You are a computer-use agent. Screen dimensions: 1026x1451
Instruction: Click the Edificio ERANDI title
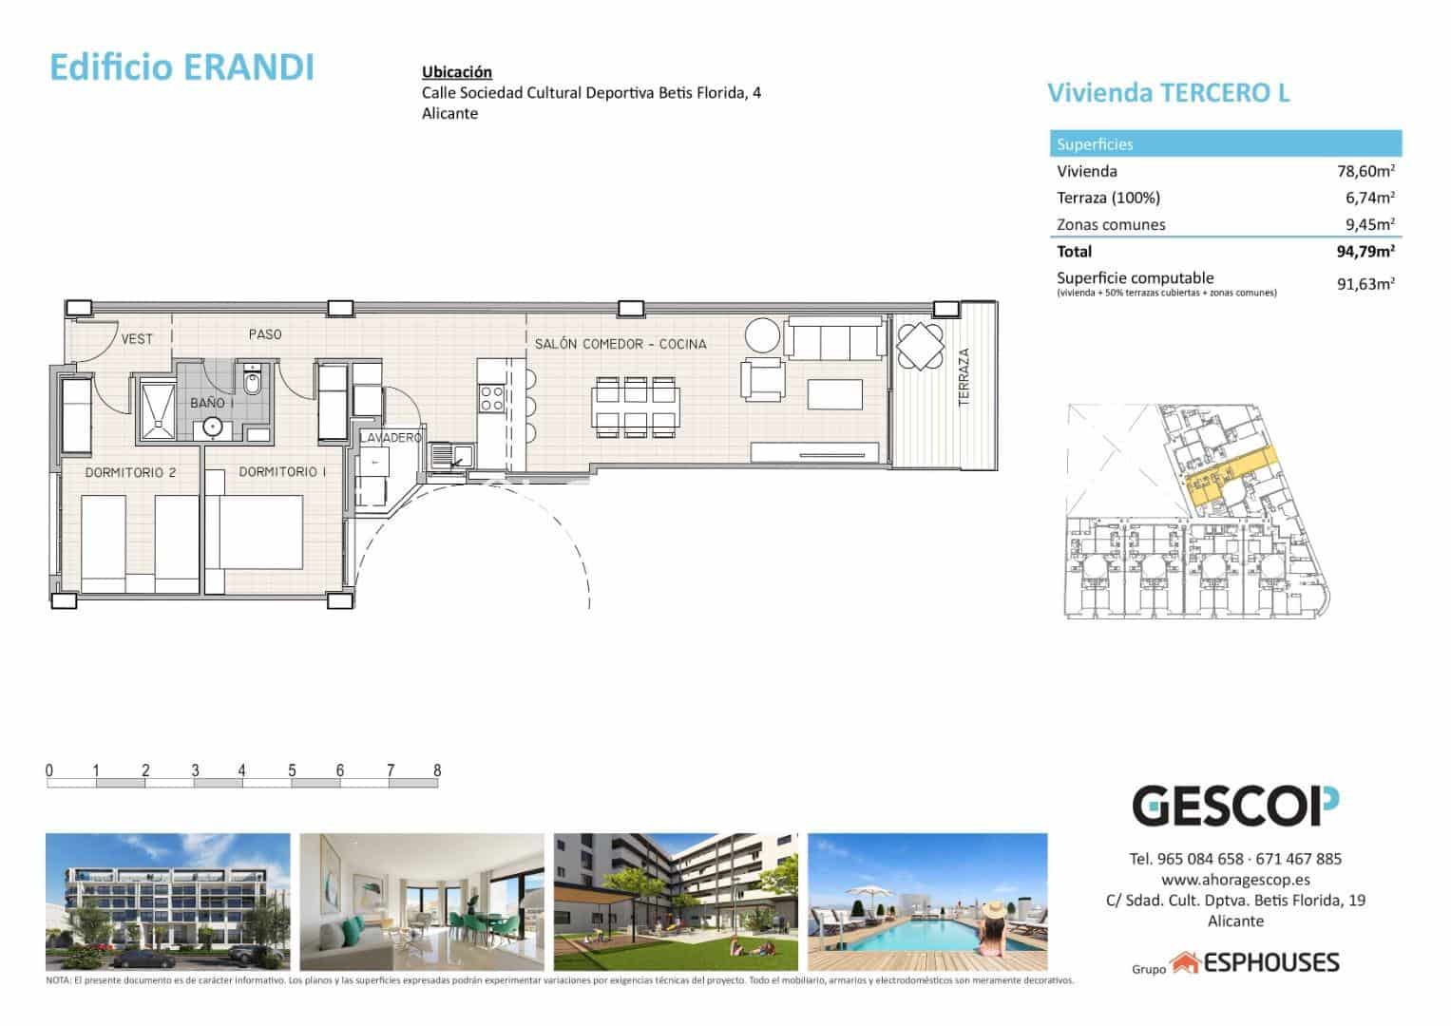pyautogui.click(x=181, y=67)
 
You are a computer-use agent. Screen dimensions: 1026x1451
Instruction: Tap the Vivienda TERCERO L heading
pyautogui.click(x=1168, y=93)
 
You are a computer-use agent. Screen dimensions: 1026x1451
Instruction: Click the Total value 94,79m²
pyautogui.click(x=1365, y=252)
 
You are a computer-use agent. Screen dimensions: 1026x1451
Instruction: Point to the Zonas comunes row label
pyautogui.click(x=1110, y=225)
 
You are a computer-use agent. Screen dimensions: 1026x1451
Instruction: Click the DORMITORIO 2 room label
pyautogui.click(x=130, y=472)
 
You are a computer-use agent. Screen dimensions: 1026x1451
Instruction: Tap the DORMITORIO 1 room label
pyautogui.click(x=282, y=472)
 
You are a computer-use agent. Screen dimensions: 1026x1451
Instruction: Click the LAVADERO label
pyautogui.click(x=391, y=438)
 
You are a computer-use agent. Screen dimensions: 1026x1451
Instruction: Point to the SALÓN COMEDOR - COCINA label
pyautogui.click(x=620, y=344)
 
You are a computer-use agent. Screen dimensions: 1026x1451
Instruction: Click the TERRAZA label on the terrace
pyautogui.click(x=964, y=377)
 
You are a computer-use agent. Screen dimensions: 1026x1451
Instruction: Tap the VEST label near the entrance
pyautogui.click(x=137, y=338)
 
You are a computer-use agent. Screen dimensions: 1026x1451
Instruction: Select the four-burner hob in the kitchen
pyautogui.click(x=492, y=397)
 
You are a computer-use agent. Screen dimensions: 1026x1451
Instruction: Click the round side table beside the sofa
pyautogui.click(x=762, y=334)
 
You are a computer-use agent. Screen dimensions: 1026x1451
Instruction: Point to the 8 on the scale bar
pyautogui.click(x=437, y=770)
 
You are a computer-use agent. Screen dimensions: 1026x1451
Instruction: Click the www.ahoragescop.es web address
pyautogui.click(x=1234, y=880)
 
